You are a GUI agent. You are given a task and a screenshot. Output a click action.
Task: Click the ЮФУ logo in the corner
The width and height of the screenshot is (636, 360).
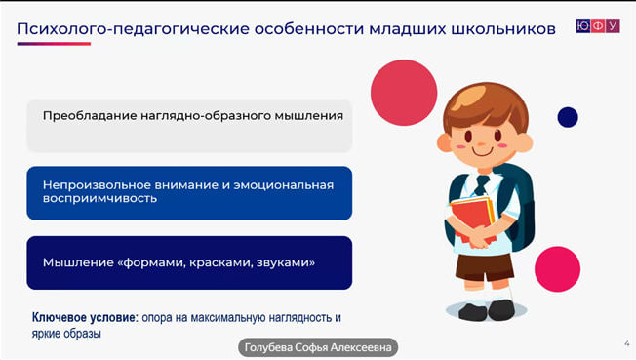pyautogui.click(x=598, y=25)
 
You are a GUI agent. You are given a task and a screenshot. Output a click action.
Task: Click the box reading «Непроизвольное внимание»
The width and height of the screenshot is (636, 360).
pyautogui.click(x=188, y=192)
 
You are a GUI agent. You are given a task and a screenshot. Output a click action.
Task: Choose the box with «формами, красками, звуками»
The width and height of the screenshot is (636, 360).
pyautogui.click(x=188, y=262)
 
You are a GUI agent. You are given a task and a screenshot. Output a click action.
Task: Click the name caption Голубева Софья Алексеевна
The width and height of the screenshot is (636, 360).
pyautogui.click(x=319, y=347)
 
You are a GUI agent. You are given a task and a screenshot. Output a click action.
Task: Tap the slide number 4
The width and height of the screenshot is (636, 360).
pyautogui.click(x=625, y=342)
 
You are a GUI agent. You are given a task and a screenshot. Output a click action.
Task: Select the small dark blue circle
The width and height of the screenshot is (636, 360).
pyautogui.click(x=567, y=117)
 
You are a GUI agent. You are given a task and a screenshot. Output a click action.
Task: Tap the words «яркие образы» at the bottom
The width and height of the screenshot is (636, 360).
pyautogui.click(x=67, y=334)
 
